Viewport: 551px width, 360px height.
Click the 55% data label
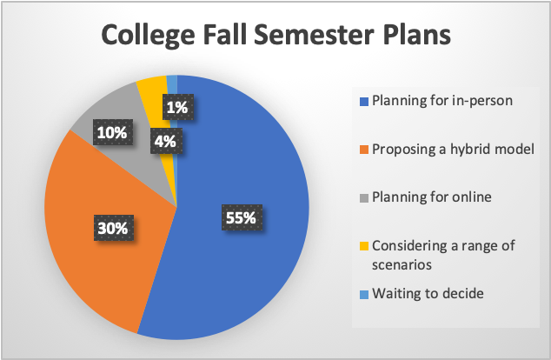coord(242,217)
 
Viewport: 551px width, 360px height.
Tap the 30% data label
coord(113,228)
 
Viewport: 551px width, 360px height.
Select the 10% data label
coord(113,132)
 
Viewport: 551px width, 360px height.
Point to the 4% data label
coord(166,141)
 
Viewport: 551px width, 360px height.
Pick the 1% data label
coord(178,107)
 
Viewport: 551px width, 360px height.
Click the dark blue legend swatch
coord(363,102)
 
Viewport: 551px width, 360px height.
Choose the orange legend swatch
coord(363,150)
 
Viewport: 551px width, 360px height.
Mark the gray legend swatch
coord(363,198)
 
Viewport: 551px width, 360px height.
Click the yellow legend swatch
coord(363,246)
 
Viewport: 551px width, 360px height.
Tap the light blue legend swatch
coord(363,295)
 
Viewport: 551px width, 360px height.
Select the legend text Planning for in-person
coord(442,101)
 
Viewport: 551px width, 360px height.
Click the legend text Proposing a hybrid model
coord(453,149)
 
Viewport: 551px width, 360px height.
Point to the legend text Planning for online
coord(432,197)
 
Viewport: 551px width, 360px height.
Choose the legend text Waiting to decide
coord(428,293)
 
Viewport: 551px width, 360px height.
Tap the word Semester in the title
coord(314,35)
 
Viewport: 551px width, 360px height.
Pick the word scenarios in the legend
coord(402,264)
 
